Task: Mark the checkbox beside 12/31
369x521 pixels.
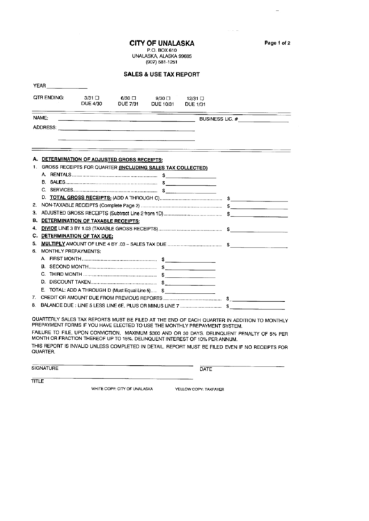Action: pyautogui.click(x=202, y=98)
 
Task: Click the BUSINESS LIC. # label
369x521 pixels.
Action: pyautogui.click(x=219, y=120)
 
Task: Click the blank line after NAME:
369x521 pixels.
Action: pyautogui.click(x=125, y=120)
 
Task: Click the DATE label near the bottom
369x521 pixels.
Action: pyautogui.click(x=205, y=369)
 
